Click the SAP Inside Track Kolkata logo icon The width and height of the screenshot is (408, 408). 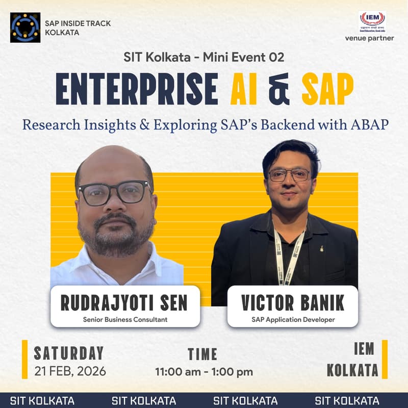pos(25,28)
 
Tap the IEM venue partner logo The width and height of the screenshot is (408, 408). pos(372,22)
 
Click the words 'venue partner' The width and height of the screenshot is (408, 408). pos(376,38)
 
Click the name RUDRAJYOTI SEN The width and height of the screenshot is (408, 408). pos(124,303)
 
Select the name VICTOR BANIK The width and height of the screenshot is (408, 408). pos(293,303)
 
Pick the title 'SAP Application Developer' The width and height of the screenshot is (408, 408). pos(293,320)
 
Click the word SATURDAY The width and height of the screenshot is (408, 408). pos(68,353)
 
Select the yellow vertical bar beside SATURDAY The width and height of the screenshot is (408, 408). pos(24,360)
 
